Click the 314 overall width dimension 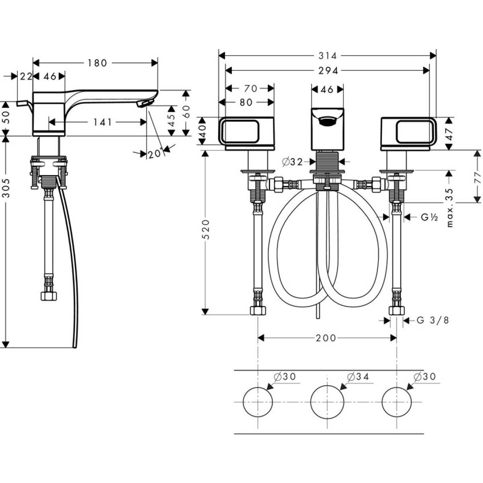tap(328, 56)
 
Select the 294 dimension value tap(328, 70)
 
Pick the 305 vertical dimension tap(6, 187)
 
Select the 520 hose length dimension tap(206, 229)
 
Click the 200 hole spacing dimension tap(326, 338)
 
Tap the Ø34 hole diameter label tap(357, 377)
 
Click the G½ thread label tap(429, 217)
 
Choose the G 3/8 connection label tap(433, 320)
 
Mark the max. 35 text tap(450, 208)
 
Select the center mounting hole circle tap(327, 402)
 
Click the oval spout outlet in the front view tap(327, 120)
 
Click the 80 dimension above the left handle tap(246, 102)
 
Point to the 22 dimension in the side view tap(26, 76)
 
